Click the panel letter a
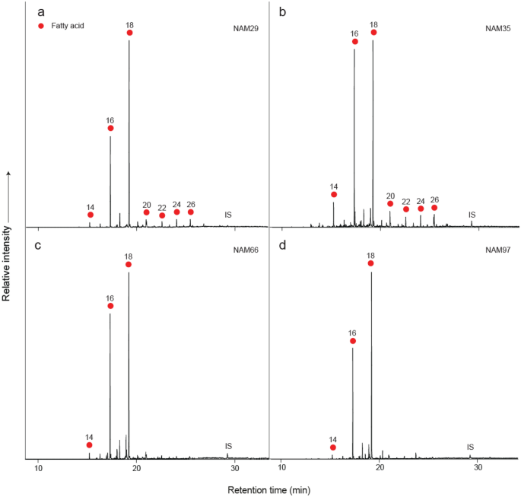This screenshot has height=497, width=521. point(40,11)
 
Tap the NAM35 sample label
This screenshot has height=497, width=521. point(498,29)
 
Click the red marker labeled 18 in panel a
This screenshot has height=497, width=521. point(130,33)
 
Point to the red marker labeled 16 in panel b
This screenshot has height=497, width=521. point(355,42)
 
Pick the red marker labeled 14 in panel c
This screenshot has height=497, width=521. point(90,445)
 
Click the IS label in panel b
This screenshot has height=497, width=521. point(472,215)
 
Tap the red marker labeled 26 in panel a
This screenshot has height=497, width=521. point(191,212)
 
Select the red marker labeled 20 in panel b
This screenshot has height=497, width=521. point(390,203)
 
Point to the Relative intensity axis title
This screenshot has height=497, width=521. point(8,237)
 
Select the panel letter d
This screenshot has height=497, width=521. point(283,244)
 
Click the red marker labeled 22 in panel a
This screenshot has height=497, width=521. point(162,215)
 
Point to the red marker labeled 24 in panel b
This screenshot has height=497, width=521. point(421,209)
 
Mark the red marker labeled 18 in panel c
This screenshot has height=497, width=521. point(129,264)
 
